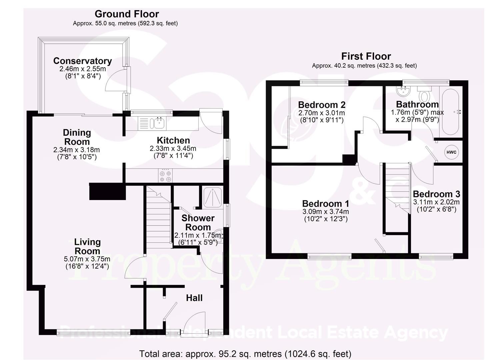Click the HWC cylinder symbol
click(451, 152)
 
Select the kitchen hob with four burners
click(166, 176)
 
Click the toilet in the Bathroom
click(424, 95)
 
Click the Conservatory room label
click(82, 61)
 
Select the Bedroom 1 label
click(326, 203)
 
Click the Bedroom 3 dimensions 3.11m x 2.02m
click(436, 202)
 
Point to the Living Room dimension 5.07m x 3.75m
click(87, 259)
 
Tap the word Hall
click(194, 298)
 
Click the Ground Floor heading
click(127, 14)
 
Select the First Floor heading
click(366, 56)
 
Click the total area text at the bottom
click(245, 353)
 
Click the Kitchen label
click(173, 140)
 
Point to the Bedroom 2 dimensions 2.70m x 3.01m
click(321, 113)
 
